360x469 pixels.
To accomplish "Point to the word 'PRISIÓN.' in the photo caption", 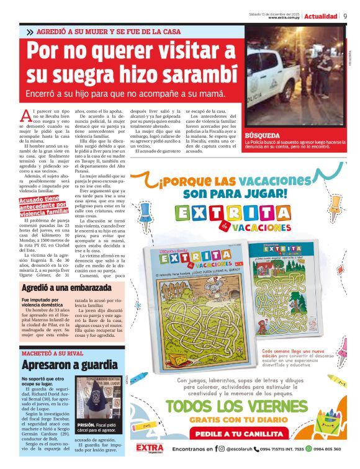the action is (x=86, y=425).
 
